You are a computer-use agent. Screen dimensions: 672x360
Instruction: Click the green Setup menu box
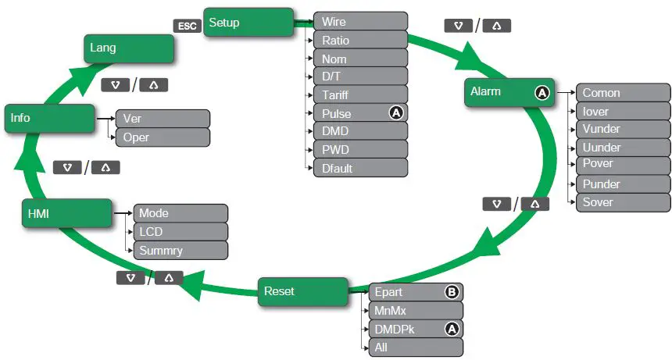pyautogui.click(x=248, y=23)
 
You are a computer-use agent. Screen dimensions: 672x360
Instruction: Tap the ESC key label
pyautogui.click(x=188, y=26)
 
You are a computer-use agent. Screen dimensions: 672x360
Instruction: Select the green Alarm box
pyautogui.click(x=509, y=92)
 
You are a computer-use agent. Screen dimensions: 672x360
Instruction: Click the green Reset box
pyautogui.click(x=303, y=291)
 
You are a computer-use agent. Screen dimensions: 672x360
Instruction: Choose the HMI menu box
pyautogui.click(x=67, y=213)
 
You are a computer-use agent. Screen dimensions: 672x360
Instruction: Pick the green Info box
pyautogui.click(x=50, y=118)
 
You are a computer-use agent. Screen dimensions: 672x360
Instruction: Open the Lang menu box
pyautogui.click(x=129, y=48)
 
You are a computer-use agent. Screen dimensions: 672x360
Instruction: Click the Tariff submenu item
pyautogui.click(x=360, y=95)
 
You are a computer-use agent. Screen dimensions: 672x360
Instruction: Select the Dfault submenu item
pyautogui.click(x=360, y=168)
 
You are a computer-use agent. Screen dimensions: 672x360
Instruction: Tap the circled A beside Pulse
pyautogui.click(x=396, y=113)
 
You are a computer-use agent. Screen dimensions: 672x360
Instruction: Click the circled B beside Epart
pyautogui.click(x=452, y=292)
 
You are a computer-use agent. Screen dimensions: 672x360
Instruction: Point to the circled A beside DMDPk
pyautogui.click(x=452, y=329)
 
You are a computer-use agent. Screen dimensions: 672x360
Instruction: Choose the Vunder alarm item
pyautogui.click(x=623, y=130)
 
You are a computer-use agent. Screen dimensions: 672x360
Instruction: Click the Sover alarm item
pyautogui.click(x=623, y=203)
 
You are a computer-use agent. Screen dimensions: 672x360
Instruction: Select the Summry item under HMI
pyautogui.click(x=181, y=251)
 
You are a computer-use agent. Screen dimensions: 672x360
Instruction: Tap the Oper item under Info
pyautogui.click(x=163, y=137)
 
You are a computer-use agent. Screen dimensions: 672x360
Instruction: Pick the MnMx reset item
pyautogui.click(x=416, y=311)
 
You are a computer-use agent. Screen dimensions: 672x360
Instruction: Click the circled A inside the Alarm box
pyautogui.click(x=542, y=92)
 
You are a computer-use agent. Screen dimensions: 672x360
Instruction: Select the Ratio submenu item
pyautogui.click(x=360, y=40)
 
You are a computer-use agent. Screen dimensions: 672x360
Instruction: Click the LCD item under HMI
pyautogui.click(x=181, y=232)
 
